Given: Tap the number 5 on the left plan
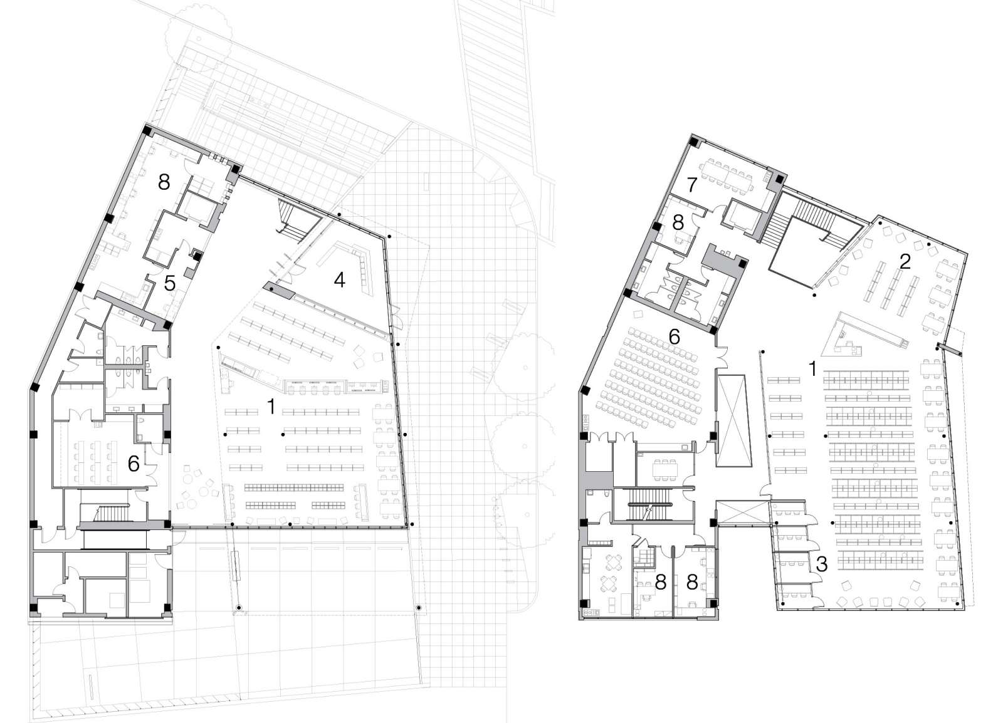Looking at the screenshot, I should pyautogui.click(x=170, y=283).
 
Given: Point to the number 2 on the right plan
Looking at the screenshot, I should pyautogui.click(x=904, y=261).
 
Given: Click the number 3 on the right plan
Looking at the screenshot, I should pyautogui.click(x=822, y=564).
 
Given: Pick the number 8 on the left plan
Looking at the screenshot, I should pyautogui.click(x=164, y=182).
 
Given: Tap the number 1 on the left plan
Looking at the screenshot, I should pyautogui.click(x=271, y=407).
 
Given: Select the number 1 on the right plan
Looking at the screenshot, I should pyautogui.click(x=812, y=369).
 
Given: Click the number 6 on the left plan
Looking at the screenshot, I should pyautogui.click(x=133, y=464).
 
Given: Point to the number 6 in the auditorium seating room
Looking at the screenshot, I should pyautogui.click(x=675, y=336).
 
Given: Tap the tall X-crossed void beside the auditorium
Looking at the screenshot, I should pyautogui.click(x=733, y=420).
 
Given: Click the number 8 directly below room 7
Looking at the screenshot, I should pyautogui.click(x=677, y=223).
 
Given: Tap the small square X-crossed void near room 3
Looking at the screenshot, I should pyautogui.click(x=742, y=513).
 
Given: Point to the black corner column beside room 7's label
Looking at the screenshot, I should pyautogui.click(x=694, y=142).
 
